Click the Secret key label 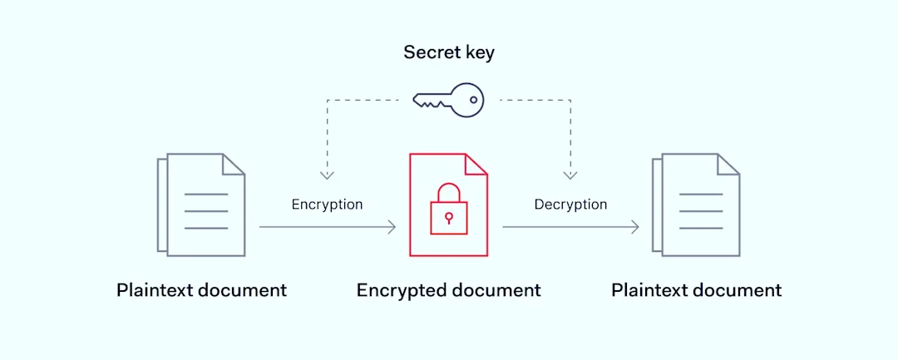449,52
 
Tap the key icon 449,100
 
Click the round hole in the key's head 473,101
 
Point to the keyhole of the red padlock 448,218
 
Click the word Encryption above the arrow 327,205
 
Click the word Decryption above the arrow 570,205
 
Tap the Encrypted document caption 449,290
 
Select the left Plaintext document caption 201,290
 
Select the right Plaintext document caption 696,290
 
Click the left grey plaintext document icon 202,205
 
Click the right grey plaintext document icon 697,205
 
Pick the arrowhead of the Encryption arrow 392,227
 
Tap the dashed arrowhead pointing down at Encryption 327,175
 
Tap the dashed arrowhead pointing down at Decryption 570,175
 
